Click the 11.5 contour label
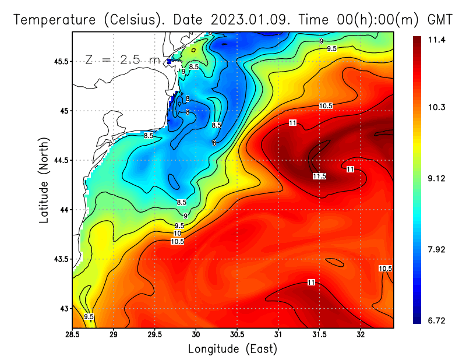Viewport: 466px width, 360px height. tap(319, 176)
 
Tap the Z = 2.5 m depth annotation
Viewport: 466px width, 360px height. tap(122, 59)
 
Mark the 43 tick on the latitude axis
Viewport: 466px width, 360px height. tap(63, 308)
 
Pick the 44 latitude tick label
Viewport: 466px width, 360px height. tap(63, 210)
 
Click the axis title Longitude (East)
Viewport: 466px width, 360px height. tap(232, 349)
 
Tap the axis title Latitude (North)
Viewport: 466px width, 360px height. tap(44, 180)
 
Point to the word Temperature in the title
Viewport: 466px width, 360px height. tap(55, 20)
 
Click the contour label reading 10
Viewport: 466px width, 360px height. tap(177, 233)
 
